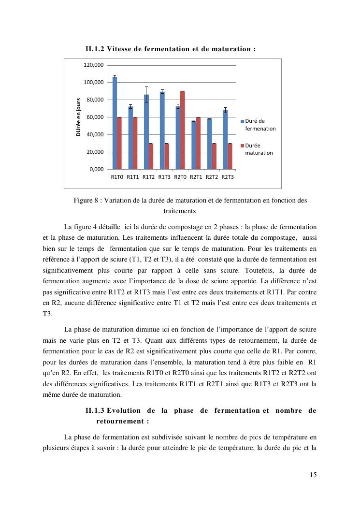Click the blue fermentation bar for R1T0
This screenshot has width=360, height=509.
115,123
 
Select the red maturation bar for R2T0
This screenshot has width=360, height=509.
183,130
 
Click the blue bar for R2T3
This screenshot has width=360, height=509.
225,140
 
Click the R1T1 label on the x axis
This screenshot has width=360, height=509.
133,177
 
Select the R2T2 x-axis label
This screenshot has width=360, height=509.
212,177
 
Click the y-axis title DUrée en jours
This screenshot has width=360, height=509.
78,117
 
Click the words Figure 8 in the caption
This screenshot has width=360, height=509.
86,200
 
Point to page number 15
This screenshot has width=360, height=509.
313,475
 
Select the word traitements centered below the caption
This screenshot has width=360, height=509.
180,211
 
